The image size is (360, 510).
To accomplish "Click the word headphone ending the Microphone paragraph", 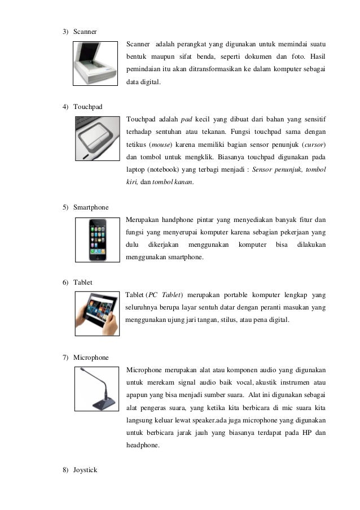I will tap(144, 444).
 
